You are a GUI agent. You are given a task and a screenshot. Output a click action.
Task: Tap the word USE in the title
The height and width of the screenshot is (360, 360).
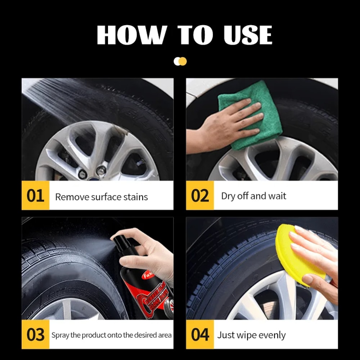[248, 35]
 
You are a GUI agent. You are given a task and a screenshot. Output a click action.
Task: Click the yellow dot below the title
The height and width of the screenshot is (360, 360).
[183, 61]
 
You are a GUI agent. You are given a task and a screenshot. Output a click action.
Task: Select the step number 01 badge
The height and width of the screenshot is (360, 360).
[35, 196]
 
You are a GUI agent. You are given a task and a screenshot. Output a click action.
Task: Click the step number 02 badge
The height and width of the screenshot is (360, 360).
[200, 196]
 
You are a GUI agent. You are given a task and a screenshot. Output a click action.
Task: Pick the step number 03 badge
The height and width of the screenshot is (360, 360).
[35, 335]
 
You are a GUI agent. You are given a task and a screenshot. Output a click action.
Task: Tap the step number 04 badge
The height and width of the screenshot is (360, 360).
[200, 335]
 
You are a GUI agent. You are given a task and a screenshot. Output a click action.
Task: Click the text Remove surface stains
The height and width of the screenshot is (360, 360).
[101, 197]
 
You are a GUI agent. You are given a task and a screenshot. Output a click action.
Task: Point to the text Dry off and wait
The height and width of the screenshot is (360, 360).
[253, 196]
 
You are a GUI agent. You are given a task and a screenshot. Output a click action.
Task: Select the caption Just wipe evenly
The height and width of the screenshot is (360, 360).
[251, 335]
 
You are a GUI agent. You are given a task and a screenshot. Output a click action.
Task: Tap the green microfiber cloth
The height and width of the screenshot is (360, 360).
[248, 115]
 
